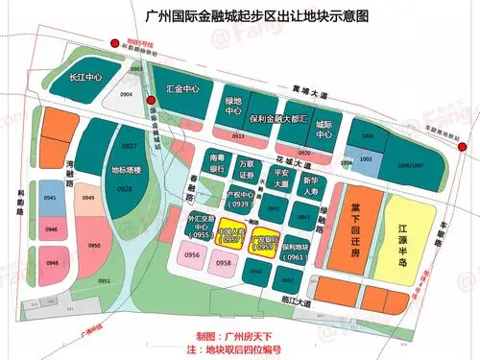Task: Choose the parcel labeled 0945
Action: pyautogui.click(x=52, y=198)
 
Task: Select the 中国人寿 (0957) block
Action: pyautogui.click(x=232, y=238)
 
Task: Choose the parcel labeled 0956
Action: pyautogui.click(x=192, y=255)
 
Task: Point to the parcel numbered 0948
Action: pyautogui.click(x=52, y=262)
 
